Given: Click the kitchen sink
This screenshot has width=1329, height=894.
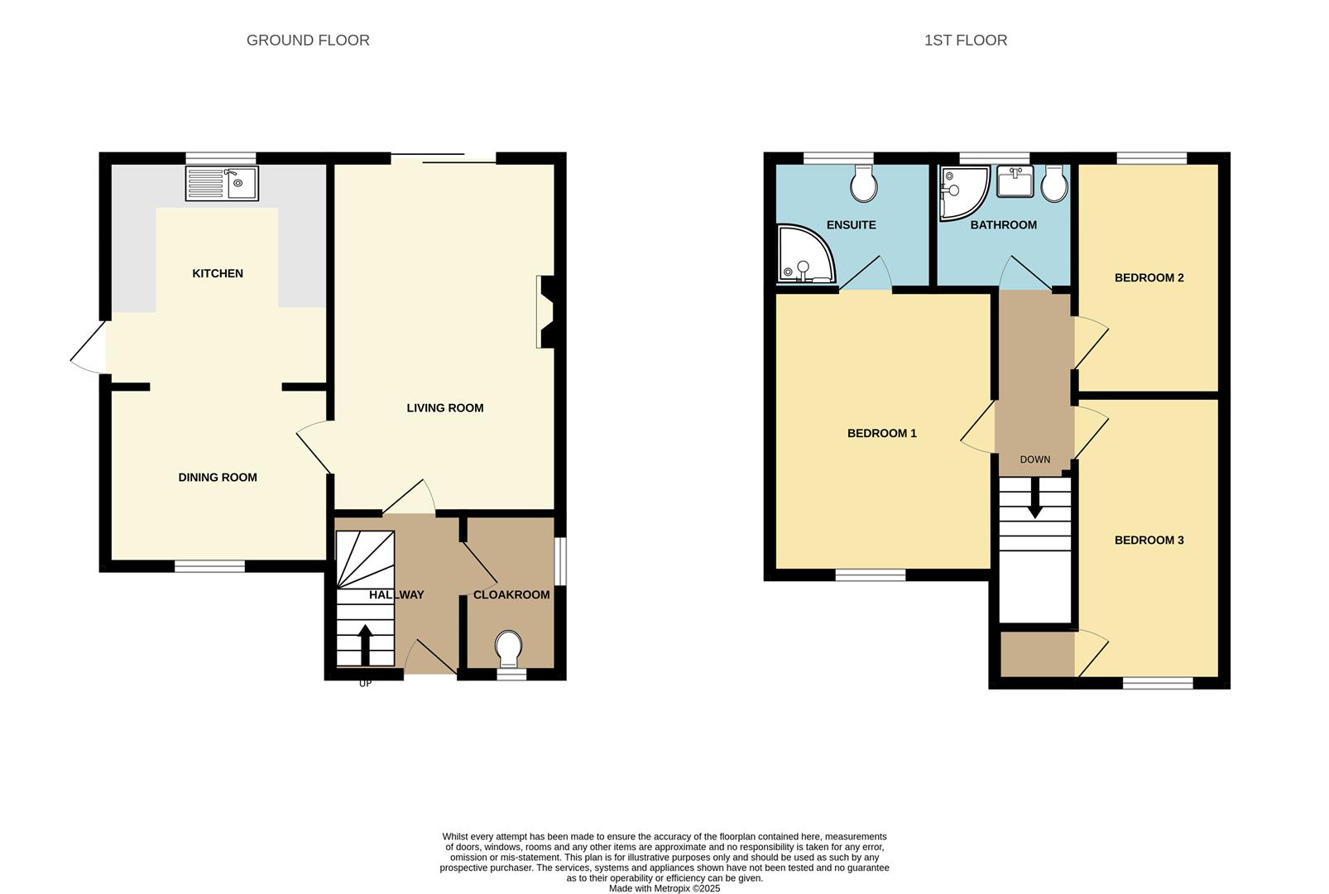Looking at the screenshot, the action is [222, 184].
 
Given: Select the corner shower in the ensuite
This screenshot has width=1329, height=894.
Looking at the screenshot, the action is [806, 253].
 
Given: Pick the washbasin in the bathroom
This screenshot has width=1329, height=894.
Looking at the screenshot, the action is [1015, 181].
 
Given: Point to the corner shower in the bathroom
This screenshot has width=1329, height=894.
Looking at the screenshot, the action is [964, 193].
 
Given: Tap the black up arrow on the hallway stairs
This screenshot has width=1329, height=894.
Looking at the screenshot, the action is [366, 645].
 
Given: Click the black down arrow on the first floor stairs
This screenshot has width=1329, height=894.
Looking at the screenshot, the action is [1035, 497].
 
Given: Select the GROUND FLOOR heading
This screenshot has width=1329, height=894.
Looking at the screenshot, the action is [308, 41].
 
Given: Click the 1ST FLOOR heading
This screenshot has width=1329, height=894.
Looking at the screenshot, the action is [966, 41].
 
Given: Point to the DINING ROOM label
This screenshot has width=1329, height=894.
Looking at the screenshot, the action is [218, 478].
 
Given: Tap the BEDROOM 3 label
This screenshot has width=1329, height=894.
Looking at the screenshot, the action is [1149, 541].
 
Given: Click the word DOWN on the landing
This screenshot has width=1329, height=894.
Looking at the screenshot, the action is [1035, 459].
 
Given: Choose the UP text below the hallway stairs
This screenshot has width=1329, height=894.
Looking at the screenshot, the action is [366, 683].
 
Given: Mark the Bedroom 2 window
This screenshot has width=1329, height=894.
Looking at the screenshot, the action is [1152, 158].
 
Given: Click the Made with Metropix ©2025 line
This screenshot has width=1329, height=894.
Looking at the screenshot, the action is [664, 889].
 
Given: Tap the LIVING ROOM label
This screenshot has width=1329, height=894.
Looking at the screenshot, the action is [445, 408].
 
